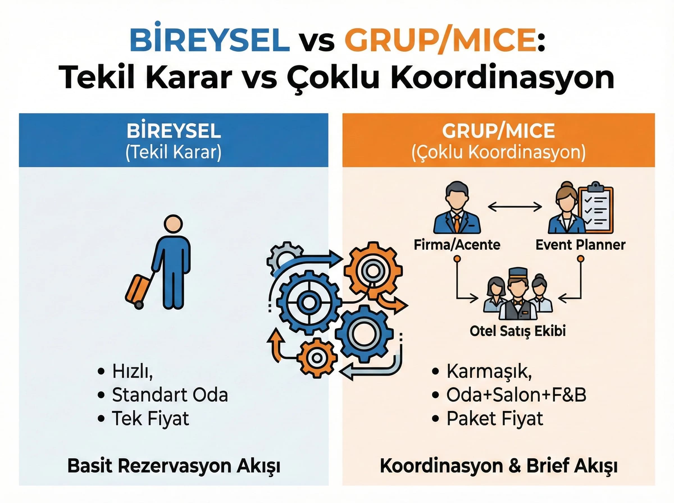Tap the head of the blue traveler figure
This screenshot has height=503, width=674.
173,224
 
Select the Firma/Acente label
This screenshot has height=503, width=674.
457,245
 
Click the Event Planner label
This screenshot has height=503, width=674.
580,245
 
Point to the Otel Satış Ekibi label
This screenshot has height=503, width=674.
518,331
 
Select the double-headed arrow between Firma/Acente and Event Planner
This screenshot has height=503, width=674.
515,207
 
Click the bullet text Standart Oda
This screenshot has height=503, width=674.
170,395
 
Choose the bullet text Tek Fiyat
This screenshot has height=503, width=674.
151,418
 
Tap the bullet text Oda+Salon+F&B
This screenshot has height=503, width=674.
516,395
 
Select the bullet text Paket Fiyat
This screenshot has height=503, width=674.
495,418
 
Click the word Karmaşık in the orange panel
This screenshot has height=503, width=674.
489,371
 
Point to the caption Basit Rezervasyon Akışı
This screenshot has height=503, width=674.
174,466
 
